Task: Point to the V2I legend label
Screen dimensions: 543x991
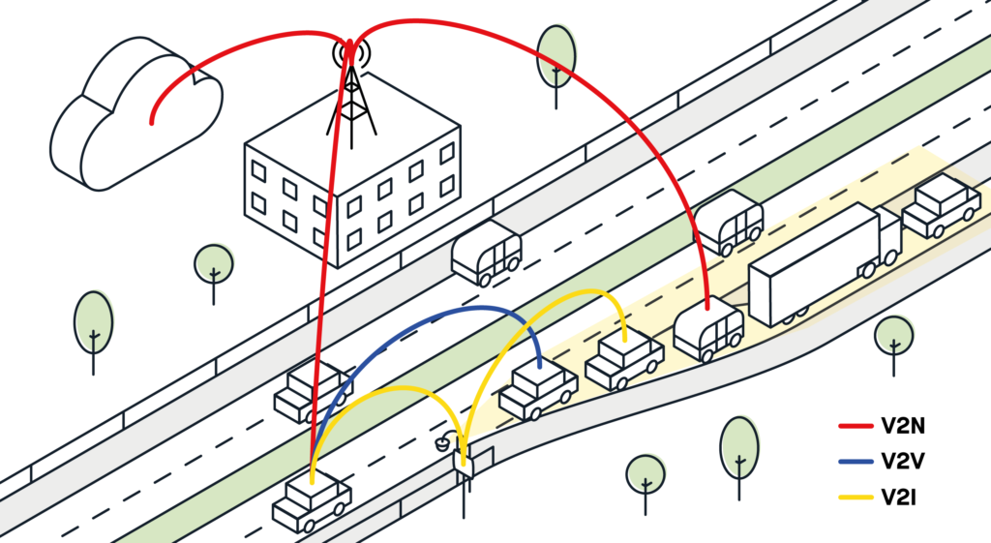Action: [899, 498]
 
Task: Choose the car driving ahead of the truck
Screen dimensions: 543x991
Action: [941, 205]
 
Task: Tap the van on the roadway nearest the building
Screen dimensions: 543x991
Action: [486, 252]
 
